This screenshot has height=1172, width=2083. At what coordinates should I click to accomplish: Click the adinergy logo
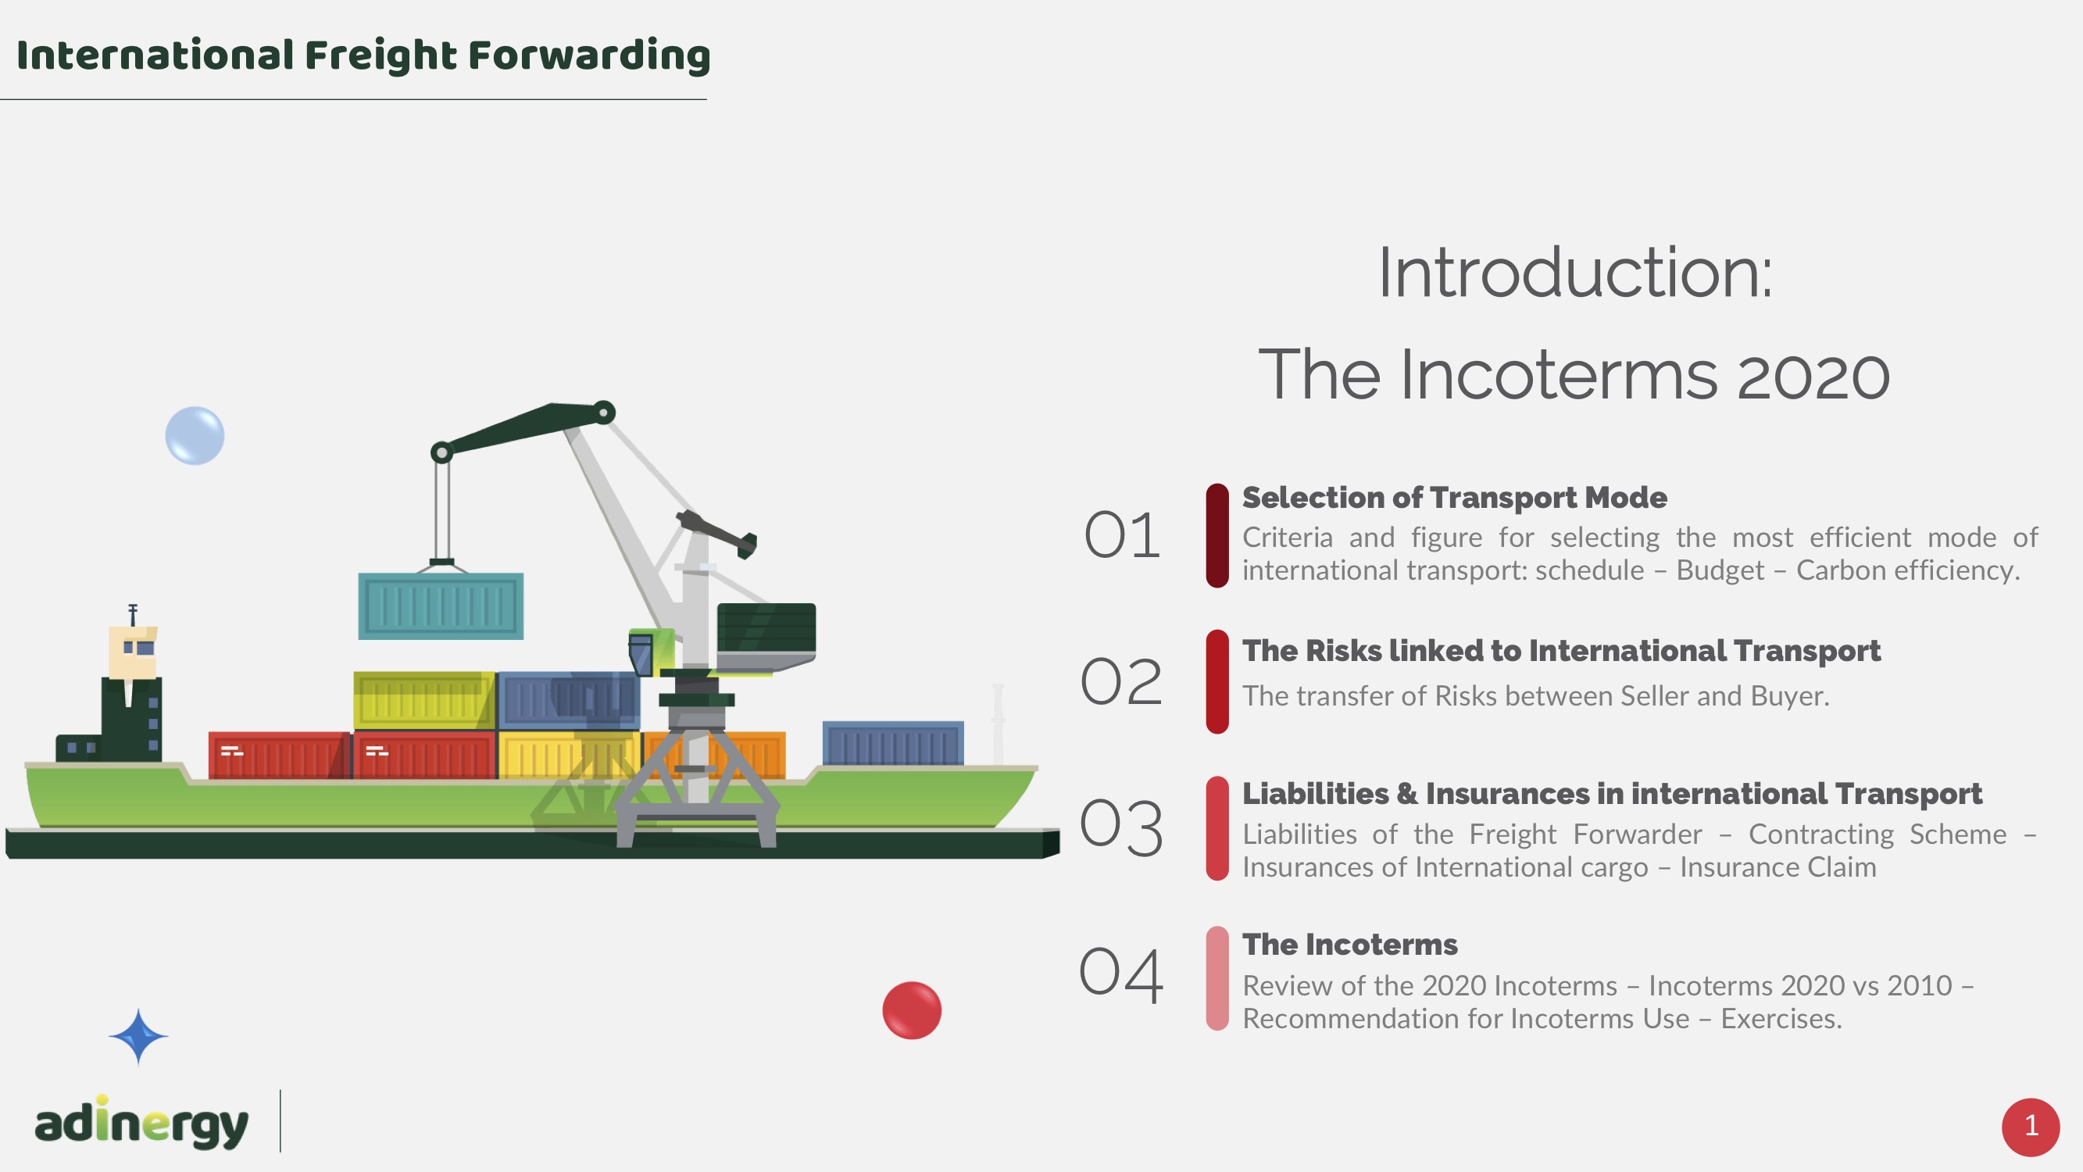click(x=141, y=1122)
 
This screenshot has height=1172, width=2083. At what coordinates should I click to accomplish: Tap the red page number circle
click(x=2031, y=1127)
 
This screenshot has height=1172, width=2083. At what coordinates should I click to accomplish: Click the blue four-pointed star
click(x=138, y=1037)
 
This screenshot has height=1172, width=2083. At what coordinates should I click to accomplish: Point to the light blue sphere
click(x=195, y=435)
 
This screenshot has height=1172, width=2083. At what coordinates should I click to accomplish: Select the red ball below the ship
click(x=911, y=1010)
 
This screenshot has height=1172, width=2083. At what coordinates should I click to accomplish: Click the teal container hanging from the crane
click(x=441, y=606)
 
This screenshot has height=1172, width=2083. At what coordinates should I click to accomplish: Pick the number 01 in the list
click(x=1121, y=535)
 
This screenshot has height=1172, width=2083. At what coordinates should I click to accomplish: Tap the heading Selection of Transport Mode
click(x=1454, y=498)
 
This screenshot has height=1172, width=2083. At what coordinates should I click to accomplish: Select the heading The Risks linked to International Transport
click(x=1561, y=650)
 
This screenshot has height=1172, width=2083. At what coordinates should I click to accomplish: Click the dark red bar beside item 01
click(x=1217, y=535)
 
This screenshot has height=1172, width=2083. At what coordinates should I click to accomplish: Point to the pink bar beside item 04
click(x=1217, y=978)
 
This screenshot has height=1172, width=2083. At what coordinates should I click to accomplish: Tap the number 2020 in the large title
click(x=1813, y=376)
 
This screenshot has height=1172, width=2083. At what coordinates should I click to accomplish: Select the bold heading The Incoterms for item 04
click(x=1349, y=945)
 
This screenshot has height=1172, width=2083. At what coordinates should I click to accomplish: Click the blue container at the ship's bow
click(x=893, y=742)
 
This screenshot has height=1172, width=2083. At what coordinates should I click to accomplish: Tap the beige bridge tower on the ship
click(x=133, y=652)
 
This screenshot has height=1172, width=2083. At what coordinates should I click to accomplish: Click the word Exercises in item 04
click(x=1781, y=1018)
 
